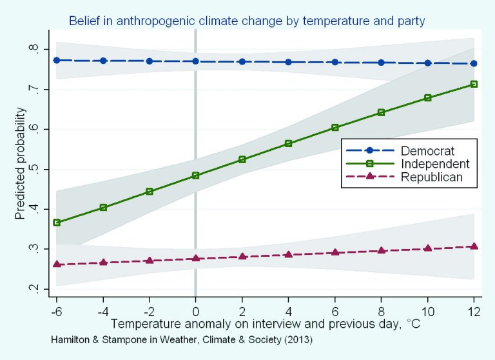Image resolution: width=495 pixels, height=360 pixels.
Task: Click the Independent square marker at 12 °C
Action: point(474,84)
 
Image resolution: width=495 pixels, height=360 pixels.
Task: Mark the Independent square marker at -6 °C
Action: point(57,223)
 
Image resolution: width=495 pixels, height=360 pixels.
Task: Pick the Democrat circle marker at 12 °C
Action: point(474,63)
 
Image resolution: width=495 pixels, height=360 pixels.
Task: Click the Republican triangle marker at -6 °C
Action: point(57,264)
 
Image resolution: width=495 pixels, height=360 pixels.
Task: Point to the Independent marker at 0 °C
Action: point(195,175)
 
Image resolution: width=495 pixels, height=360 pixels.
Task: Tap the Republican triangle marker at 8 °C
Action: point(381,250)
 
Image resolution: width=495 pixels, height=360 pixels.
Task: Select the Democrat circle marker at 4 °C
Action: point(288,62)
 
